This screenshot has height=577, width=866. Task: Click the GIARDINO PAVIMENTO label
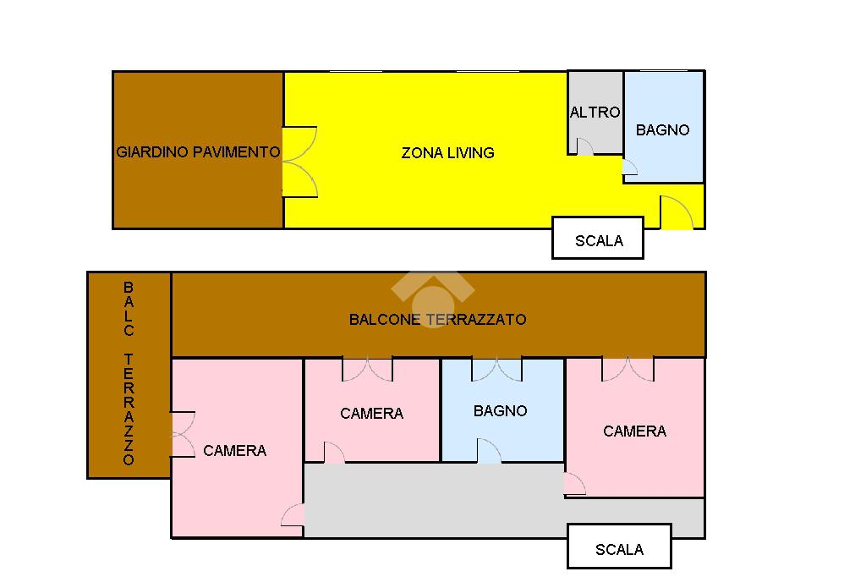[198, 152]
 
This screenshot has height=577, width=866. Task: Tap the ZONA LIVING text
[447, 153]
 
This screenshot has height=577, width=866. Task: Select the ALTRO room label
[595, 113]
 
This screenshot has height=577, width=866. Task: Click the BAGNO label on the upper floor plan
[662, 130]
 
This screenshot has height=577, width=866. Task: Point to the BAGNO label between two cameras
[500, 410]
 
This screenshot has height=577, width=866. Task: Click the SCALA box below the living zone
[598, 238]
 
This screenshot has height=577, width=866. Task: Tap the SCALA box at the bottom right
[619, 546]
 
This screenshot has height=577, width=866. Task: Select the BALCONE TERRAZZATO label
[437, 320]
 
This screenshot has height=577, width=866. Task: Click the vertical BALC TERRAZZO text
[129, 373]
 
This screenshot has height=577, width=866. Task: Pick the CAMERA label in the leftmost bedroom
[235, 451]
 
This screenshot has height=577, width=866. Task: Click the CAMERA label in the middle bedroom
[372, 414]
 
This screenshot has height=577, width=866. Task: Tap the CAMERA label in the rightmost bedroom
[634, 431]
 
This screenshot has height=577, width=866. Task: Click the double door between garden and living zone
[300, 162]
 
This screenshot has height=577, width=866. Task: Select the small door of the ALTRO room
[585, 146]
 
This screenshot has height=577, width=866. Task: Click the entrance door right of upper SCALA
[677, 212]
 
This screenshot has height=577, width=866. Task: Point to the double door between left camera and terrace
[183, 434]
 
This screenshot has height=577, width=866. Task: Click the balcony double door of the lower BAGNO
[496, 369]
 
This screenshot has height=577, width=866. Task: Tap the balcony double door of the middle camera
[368, 369]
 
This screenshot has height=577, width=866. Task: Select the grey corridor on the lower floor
[436, 500]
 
